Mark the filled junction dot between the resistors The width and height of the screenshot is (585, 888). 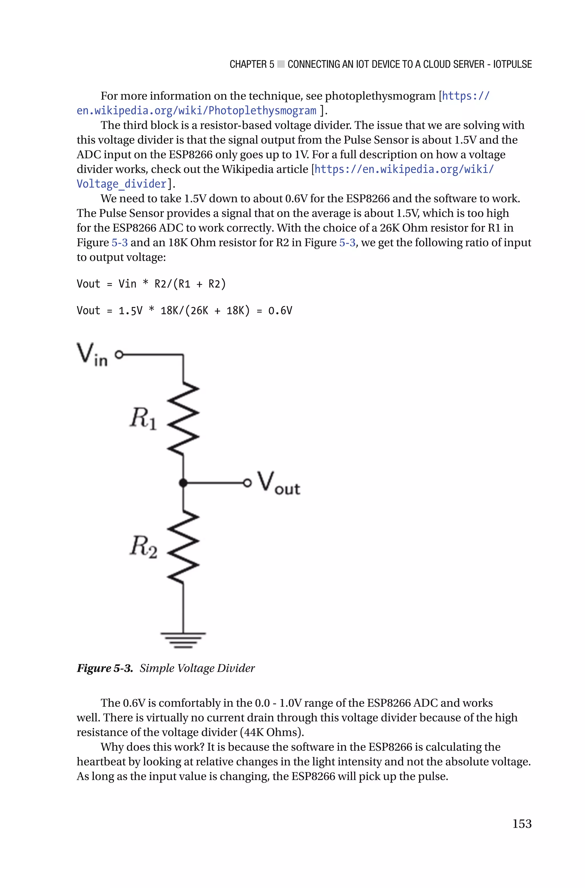click(183, 483)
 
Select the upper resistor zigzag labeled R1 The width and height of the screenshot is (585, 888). click(183, 418)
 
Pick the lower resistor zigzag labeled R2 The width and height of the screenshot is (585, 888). click(183, 547)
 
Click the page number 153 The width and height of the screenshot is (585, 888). click(522, 823)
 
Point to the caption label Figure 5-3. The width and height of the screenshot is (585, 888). click(105, 668)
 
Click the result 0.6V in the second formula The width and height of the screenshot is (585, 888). click(280, 311)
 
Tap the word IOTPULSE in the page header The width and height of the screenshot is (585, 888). click(512, 65)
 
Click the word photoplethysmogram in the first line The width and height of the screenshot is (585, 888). click(380, 96)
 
